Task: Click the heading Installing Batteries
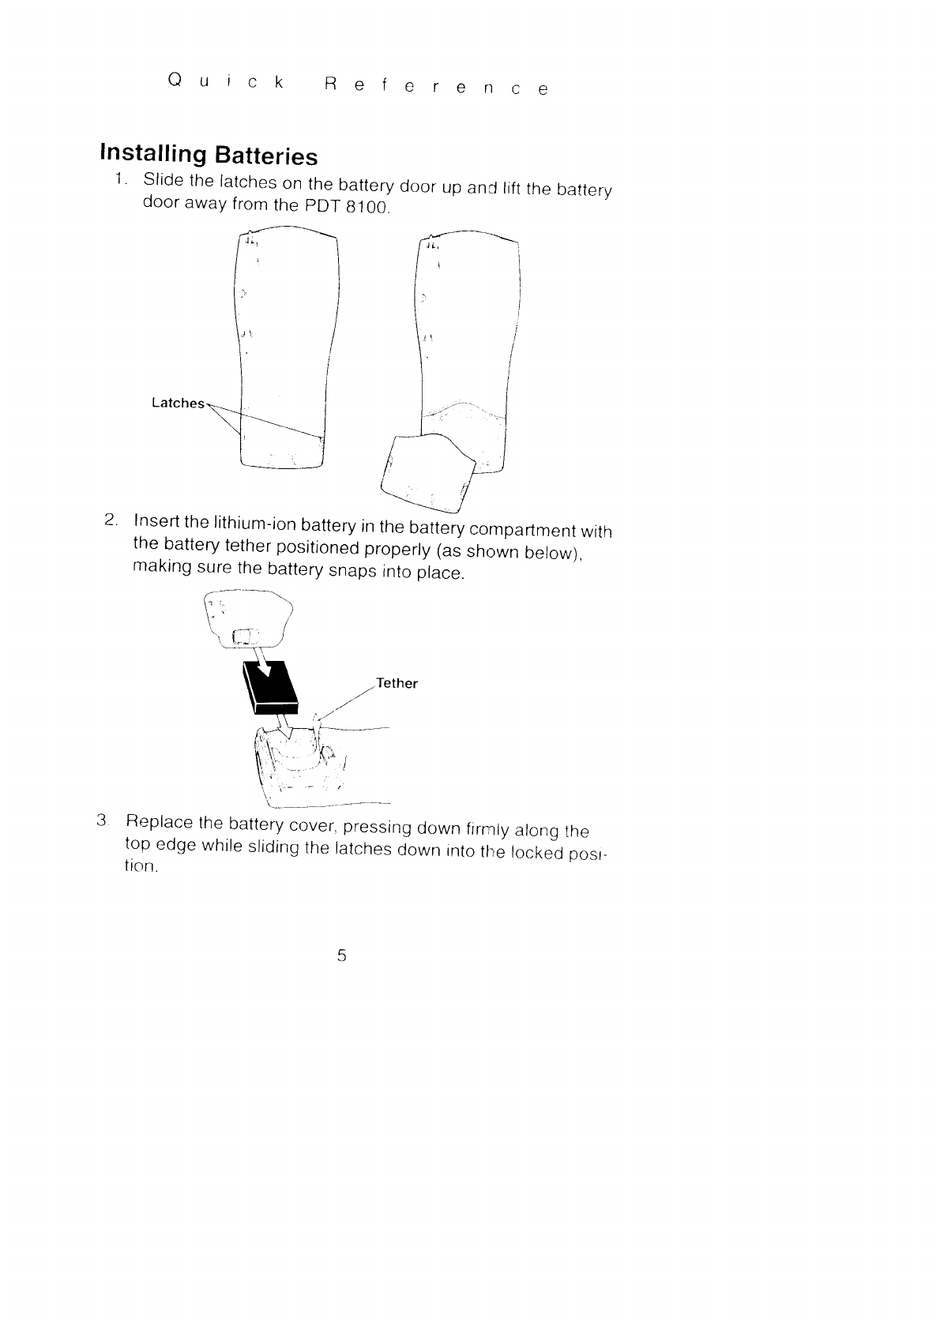coord(208,153)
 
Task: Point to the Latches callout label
coord(178,404)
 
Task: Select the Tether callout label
coord(397,683)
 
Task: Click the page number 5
coord(341,955)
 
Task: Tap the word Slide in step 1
coord(163,180)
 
